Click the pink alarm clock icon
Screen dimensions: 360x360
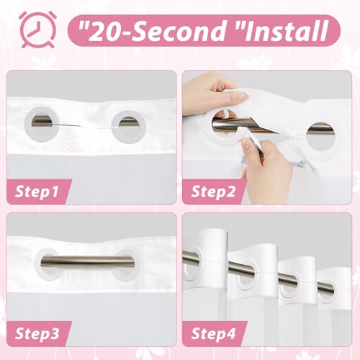(x=37, y=30)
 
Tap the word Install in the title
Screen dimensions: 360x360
(x=287, y=31)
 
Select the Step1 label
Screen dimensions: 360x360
(x=37, y=192)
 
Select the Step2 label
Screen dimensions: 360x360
(x=213, y=192)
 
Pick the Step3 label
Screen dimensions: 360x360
(x=37, y=333)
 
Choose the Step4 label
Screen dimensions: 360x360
(x=213, y=333)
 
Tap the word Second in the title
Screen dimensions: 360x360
(x=176, y=31)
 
